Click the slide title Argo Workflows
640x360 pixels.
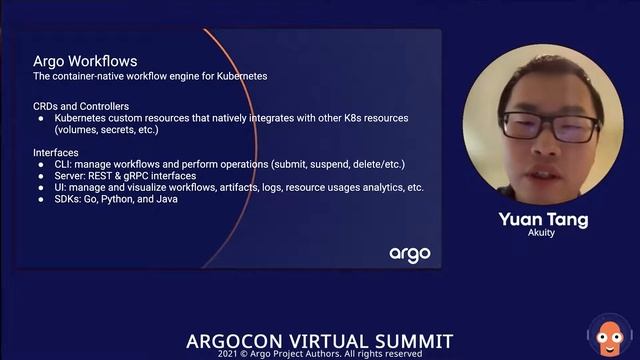click(x=85, y=61)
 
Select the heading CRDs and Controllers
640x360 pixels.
click(x=81, y=106)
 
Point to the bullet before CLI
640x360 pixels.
click(x=42, y=163)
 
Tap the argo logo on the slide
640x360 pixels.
click(x=410, y=253)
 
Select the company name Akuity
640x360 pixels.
click(x=542, y=233)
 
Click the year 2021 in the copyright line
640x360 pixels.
click(x=232, y=354)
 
